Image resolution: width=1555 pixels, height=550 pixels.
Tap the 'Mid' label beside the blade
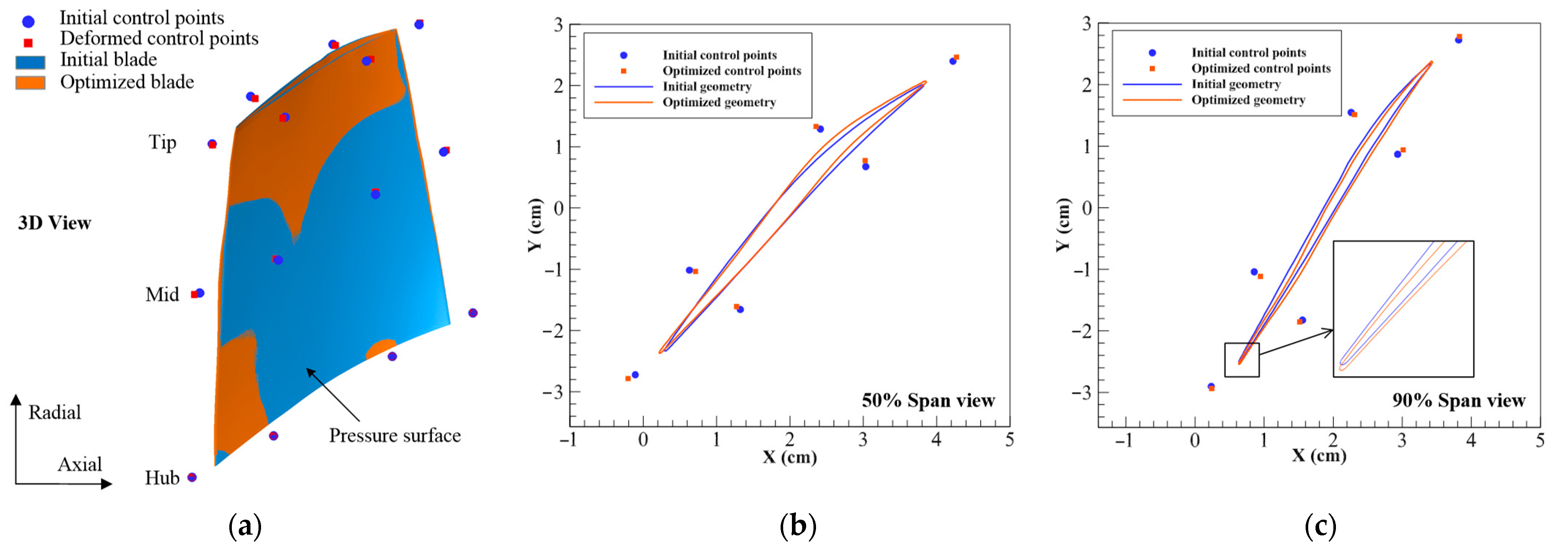click(x=162, y=295)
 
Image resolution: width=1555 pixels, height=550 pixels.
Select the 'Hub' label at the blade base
click(x=162, y=478)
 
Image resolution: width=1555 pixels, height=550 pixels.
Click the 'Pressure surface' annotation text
click(x=395, y=435)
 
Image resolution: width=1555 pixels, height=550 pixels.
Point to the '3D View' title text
click(x=54, y=224)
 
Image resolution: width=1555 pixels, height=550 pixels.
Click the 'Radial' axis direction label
click(x=54, y=412)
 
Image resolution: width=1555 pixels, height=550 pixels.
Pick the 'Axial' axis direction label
click(x=80, y=464)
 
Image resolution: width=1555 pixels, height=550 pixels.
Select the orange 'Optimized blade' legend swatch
click(x=30, y=83)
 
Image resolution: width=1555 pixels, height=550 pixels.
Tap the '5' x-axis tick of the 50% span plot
click(x=1009, y=439)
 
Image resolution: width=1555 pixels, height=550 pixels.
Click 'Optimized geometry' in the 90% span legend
click(x=1248, y=100)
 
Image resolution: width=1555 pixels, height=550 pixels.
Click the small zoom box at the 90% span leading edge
click(x=1242, y=360)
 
